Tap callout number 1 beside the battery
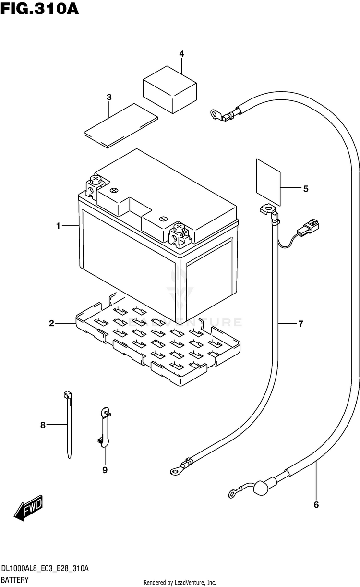pos(59,226)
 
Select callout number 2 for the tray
pos(51,323)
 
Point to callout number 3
pos(109,97)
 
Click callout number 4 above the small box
pos(182,54)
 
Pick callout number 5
pos(306,189)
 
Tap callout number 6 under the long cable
pos(316,505)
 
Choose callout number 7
pos(301,324)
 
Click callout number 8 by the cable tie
pos(43,425)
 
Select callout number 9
pos(105,470)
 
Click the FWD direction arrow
pos(28,508)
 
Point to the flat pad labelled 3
pos(120,125)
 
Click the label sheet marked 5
pos(268,182)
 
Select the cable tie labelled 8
pos(68,425)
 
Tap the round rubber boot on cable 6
pos(261,488)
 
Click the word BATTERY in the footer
pos(15,580)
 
